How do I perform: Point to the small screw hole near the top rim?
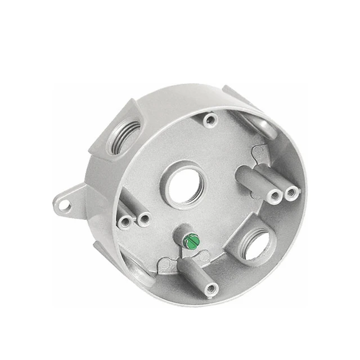pos(211,119)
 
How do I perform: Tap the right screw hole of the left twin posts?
pos(144,219)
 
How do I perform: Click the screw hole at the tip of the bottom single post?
pos(211,290)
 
